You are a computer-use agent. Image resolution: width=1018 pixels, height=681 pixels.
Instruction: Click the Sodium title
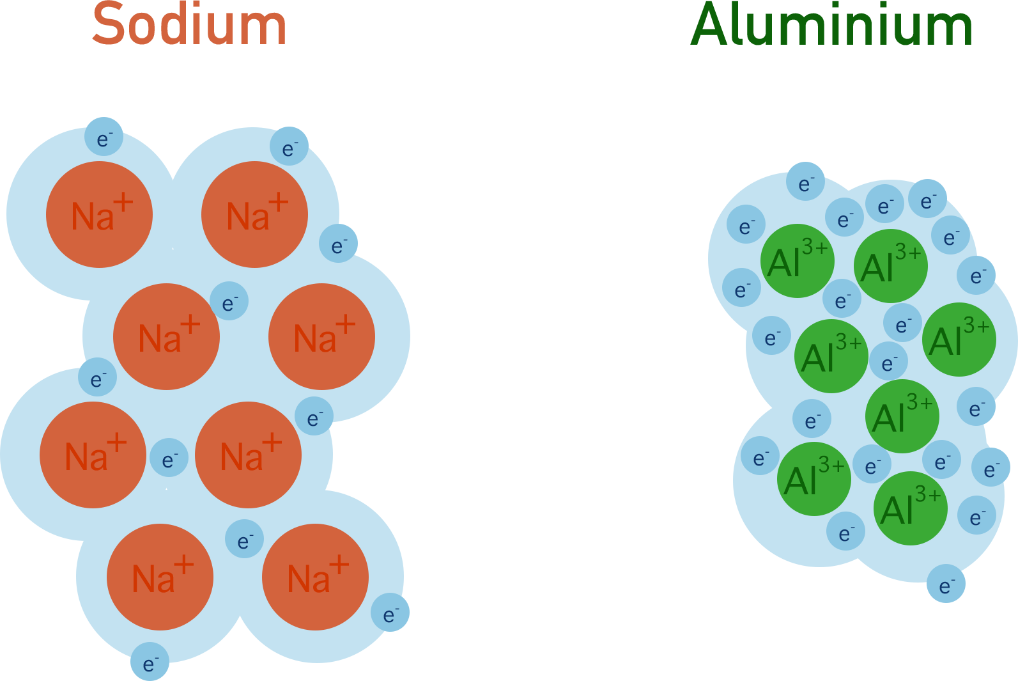189,24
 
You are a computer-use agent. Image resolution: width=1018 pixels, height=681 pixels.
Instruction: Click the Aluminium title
831,24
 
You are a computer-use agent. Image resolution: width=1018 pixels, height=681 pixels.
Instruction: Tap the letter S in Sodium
109,24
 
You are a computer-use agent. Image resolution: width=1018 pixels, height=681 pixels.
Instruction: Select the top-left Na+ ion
99,214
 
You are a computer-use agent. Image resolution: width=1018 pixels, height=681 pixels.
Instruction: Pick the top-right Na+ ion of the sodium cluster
254,214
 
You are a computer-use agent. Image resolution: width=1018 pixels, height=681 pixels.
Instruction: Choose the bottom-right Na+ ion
315,577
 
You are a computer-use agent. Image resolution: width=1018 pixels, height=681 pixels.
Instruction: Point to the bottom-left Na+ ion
160,577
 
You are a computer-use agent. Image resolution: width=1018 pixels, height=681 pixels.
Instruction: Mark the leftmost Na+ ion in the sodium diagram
93,455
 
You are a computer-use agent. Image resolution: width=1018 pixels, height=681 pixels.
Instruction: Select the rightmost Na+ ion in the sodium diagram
321,336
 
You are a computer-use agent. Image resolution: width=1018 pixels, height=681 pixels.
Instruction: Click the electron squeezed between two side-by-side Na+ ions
169,458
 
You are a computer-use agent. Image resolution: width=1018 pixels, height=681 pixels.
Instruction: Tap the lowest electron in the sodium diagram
150,662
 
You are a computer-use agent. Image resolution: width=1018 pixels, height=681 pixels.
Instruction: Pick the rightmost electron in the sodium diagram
390,613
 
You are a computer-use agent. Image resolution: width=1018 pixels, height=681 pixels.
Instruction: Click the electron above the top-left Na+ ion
104,137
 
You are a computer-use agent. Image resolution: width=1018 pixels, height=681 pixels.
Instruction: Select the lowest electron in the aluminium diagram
946,584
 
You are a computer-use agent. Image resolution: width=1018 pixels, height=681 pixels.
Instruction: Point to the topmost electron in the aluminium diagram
805,182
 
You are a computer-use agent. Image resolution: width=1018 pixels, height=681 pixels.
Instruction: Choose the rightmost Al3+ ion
959,339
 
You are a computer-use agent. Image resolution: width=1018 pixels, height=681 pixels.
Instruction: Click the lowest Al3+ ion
910,508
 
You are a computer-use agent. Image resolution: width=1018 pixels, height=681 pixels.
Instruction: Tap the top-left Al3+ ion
797,260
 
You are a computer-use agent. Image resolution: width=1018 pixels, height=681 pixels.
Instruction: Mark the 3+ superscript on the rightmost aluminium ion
976,326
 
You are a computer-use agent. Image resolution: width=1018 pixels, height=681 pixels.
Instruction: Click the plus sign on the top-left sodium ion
123,203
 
